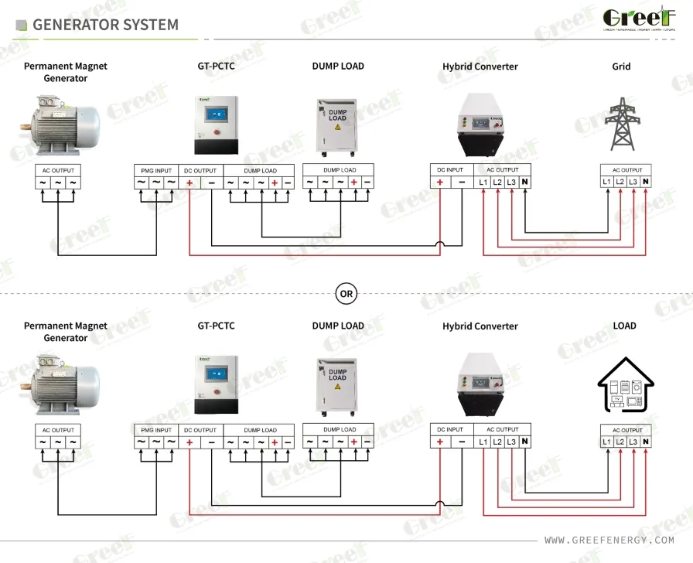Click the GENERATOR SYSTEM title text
105,25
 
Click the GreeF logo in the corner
639,20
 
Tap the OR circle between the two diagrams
346,294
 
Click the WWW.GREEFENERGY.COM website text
609,540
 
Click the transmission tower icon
621,124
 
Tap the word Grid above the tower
621,67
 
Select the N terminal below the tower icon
645,182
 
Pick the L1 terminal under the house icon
607,442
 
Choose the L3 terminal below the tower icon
633,182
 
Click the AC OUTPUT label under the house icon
626,430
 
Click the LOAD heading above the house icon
624,326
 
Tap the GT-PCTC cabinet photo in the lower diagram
216,384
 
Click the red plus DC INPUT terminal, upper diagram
439,182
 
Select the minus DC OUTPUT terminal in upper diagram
211,183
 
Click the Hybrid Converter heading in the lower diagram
480,326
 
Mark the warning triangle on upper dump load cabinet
336,125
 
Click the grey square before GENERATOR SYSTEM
21,26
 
